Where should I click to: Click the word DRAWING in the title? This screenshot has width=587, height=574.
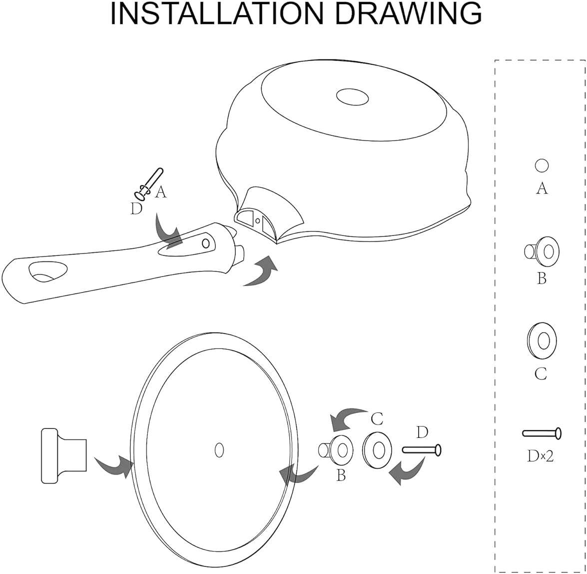(x=407, y=14)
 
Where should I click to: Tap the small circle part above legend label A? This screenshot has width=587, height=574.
(x=542, y=165)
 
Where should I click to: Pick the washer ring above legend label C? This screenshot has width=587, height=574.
(x=542, y=341)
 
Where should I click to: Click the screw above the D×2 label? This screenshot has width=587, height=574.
(x=542, y=433)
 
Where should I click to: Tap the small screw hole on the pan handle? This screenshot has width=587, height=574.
(x=205, y=243)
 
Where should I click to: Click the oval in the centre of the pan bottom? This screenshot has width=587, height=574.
(x=352, y=96)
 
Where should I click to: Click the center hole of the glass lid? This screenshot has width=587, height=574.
(x=219, y=449)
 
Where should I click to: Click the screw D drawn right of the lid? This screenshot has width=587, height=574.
(x=422, y=449)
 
